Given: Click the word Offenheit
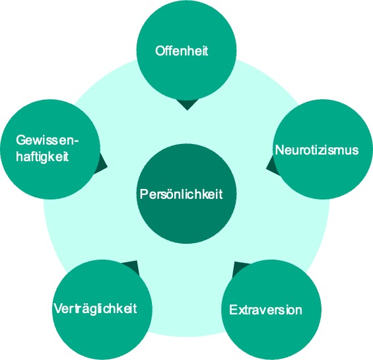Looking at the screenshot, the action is (x=182, y=51).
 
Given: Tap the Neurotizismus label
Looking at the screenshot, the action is (x=317, y=150).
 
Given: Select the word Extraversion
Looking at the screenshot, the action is (x=265, y=310).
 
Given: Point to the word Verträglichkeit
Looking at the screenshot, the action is (x=95, y=309).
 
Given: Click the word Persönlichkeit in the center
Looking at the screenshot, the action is (x=181, y=194).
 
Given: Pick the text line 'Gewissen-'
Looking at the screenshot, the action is (x=48, y=140).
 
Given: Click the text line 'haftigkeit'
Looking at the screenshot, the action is (x=42, y=157).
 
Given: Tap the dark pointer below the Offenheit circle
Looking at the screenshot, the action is (x=187, y=105).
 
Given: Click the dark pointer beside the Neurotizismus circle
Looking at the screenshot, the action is (x=272, y=166).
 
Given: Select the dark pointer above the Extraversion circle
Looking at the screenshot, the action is (x=239, y=269).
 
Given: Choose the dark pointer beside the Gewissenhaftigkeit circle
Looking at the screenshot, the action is (x=102, y=164).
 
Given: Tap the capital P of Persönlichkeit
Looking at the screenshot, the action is (x=144, y=194).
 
